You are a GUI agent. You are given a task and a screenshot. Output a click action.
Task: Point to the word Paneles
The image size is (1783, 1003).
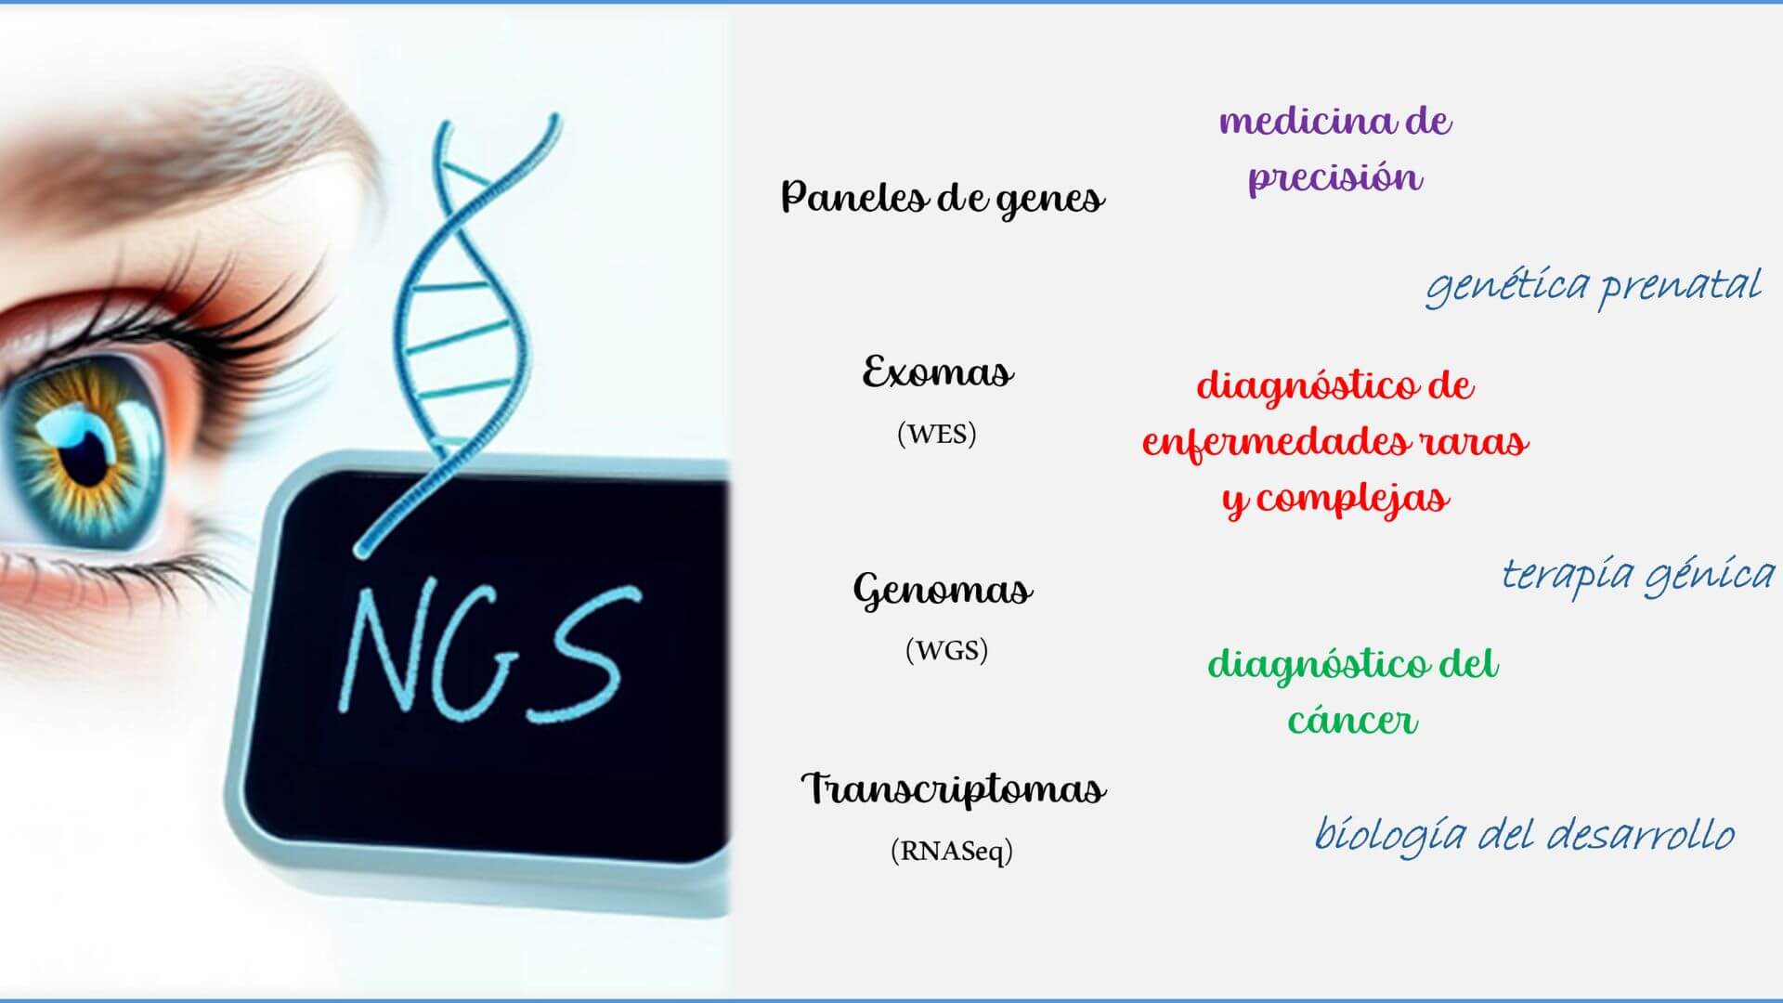[852, 196]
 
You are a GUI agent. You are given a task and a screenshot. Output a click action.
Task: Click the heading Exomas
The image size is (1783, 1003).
[938, 372]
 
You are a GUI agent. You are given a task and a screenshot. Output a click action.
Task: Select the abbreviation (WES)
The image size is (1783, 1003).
[937, 434]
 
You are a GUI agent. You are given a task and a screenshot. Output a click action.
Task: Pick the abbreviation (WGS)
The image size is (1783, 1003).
[946, 650]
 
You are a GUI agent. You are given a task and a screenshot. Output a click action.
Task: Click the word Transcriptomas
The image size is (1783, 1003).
[954, 789]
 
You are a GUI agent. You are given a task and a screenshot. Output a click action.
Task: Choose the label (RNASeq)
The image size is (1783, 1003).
[952, 851]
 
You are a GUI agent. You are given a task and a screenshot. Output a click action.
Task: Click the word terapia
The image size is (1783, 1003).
[1568, 575]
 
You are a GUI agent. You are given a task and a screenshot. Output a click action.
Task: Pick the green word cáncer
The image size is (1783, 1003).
[1353, 720]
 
